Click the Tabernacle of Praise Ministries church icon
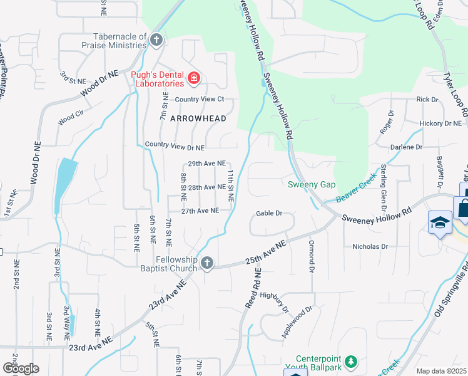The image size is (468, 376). coord(156,41)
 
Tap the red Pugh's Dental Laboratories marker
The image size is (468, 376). coord(193,78)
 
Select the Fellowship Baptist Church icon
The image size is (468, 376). coord(207,264)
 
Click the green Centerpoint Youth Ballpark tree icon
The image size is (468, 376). coord(351,361)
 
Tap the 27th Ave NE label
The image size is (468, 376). coord(200,211)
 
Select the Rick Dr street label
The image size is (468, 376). coord(427,100)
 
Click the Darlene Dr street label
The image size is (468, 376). coord(406,147)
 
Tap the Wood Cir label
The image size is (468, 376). coord(69,119)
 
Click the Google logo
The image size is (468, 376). coord(21,368)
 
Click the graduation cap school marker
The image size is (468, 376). coord(440,222)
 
